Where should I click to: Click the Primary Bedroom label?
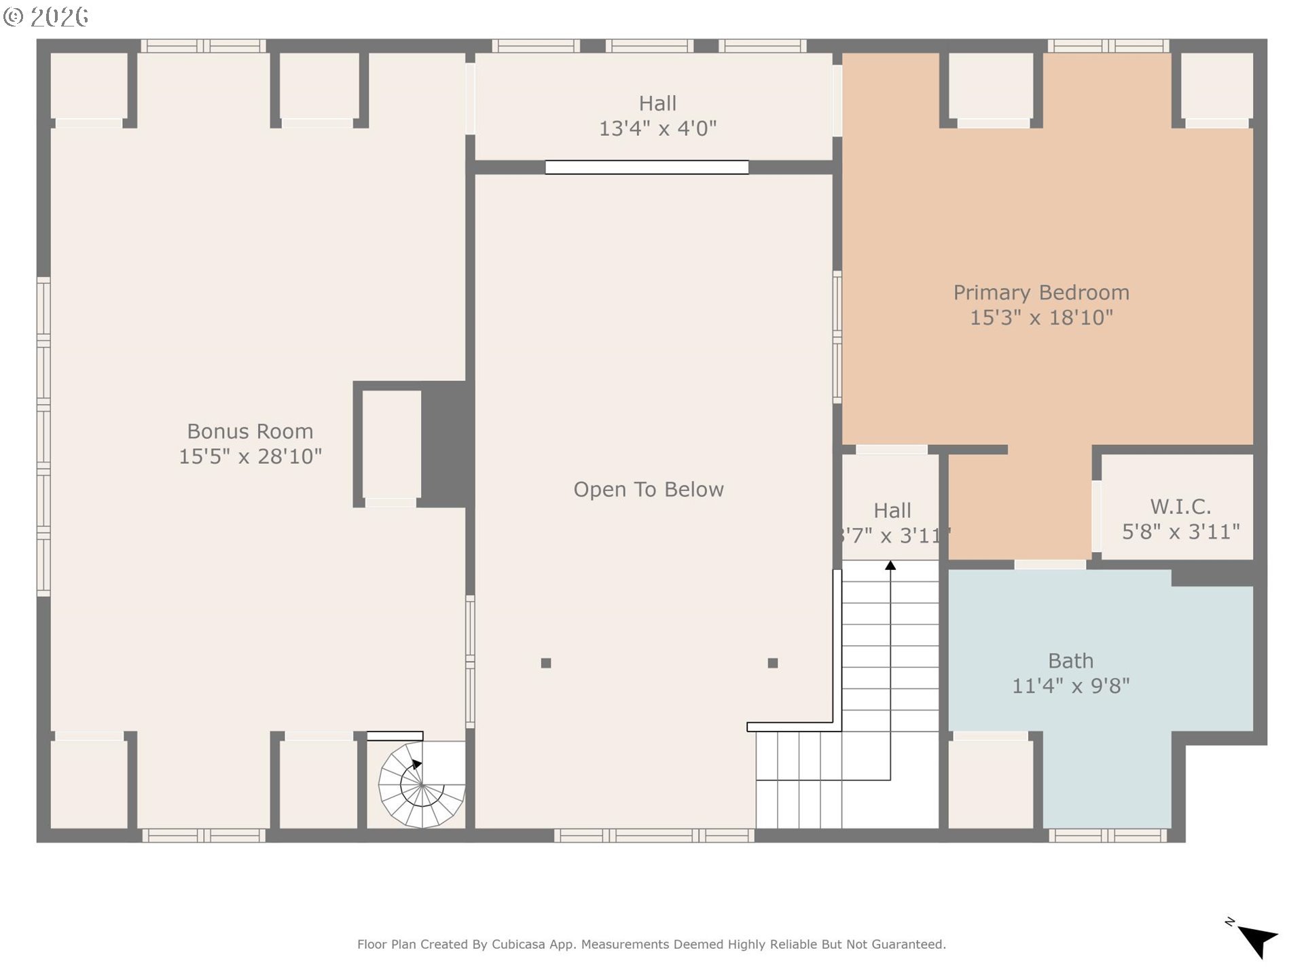pyautogui.click(x=1041, y=293)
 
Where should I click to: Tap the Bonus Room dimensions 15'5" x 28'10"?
pyautogui.click(x=250, y=456)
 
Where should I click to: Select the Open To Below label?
pyautogui.click(x=649, y=490)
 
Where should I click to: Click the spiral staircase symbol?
pyautogui.click(x=422, y=784)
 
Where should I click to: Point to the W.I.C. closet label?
pyautogui.click(x=1180, y=507)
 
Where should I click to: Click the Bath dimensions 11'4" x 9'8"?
pyautogui.click(x=1070, y=686)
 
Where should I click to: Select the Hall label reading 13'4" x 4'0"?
pyautogui.click(x=657, y=115)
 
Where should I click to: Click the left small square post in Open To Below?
pyautogui.click(x=546, y=663)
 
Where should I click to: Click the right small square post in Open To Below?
pyautogui.click(x=773, y=663)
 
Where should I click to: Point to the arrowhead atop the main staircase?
pyautogui.click(x=890, y=565)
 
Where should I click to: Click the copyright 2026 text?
pyautogui.click(x=46, y=16)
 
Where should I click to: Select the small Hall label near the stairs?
pyautogui.click(x=892, y=511)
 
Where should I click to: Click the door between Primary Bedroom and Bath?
pyautogui.click(x=1050, y=564)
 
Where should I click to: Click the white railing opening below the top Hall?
pyautogui.click(x=647, y=167)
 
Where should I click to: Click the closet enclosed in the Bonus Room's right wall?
pyautogui.click(x=391, y=445)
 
